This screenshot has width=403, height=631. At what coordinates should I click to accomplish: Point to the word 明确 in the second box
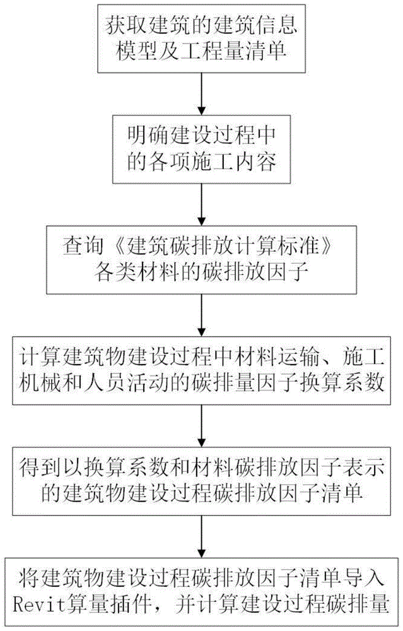point(148,136)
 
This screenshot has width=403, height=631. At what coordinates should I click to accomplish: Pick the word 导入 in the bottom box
point(364,578)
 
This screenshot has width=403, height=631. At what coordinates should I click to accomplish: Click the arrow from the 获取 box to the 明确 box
point(202,94)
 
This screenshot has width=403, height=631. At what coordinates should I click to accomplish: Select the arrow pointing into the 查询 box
point(202,204)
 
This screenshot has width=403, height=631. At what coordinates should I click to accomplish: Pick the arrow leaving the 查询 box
point(202,315)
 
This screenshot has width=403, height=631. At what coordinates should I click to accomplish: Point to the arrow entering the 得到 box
point(202,425)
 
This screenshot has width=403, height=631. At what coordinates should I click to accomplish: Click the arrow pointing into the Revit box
point(202,536)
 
